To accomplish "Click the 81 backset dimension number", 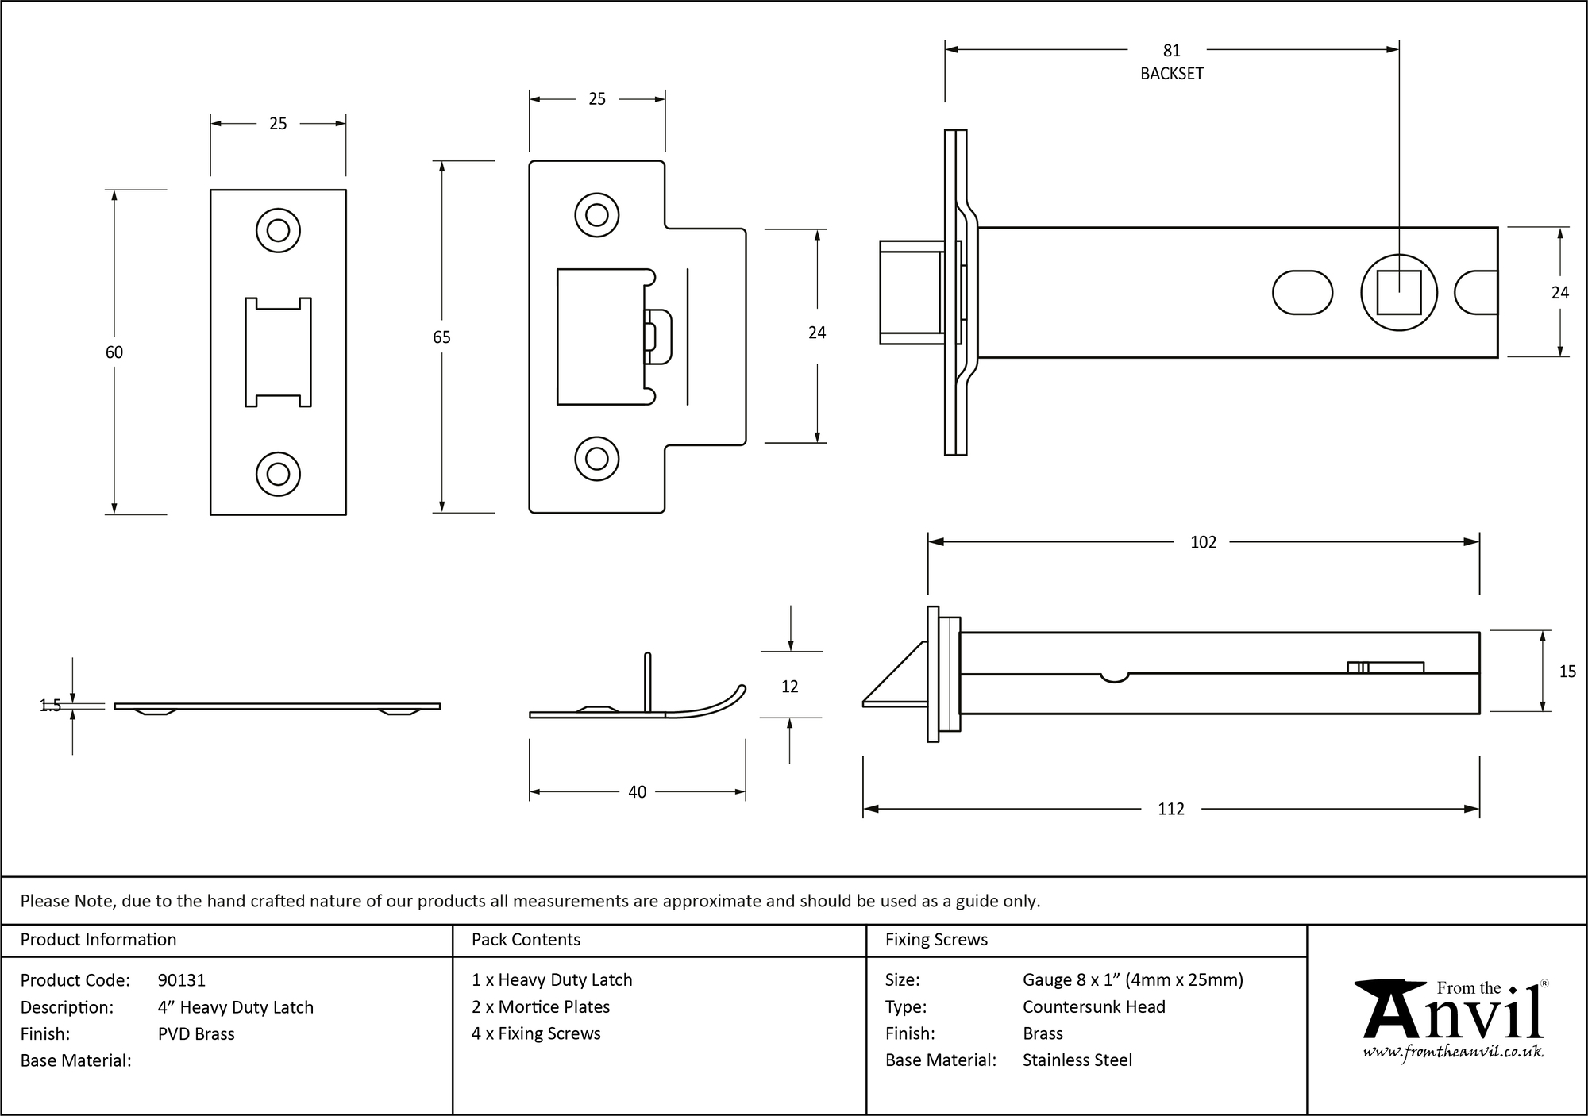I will (x=1171, y=51).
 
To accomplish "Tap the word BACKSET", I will (x=1171, y=74).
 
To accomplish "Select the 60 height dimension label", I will (x=114, y=352).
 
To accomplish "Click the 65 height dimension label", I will (x=441, y=337).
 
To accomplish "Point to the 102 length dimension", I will (x=1203, y=542).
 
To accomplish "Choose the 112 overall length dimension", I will (x=1170, y=809).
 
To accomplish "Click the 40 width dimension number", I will (x=637, y=792).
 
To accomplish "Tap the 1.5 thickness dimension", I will (x=50, y=706).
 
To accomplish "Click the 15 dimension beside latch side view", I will (x=1567, y=672).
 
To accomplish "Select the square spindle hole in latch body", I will (x=1398, y=293).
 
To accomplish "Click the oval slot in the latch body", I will (x=1302, y=293).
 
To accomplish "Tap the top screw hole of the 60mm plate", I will (x=278, y=230).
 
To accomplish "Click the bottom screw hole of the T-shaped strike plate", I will (x=596, y=458).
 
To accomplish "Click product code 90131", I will (x=182, y=980).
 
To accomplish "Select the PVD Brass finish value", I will (x=196, y=1033).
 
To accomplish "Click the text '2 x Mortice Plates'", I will (x=540, y=1006).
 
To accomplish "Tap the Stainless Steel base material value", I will (x=1077, y=1060).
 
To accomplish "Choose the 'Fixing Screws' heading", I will (x=936, y=940).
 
